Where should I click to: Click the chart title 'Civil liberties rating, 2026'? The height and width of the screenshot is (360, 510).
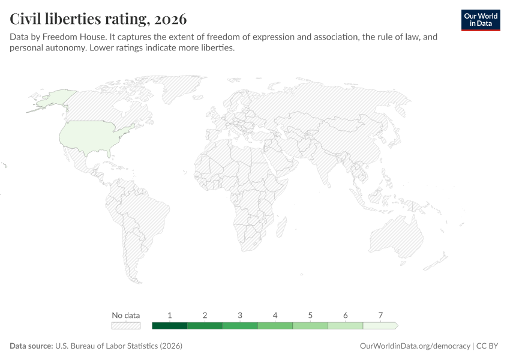tap(98, 19)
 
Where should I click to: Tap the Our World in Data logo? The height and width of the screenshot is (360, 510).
tap(481, 20)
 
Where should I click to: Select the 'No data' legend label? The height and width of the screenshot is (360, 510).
tap(126, 315)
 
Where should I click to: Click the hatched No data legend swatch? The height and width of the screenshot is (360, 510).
tap(126, 326)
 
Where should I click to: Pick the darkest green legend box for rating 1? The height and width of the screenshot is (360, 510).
tap(169, 326)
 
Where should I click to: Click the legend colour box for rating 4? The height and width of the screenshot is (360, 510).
tap(275, 326)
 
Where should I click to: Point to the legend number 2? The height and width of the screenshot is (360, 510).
tap(205, 315)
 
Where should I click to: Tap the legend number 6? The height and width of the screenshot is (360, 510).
tap(346, 315)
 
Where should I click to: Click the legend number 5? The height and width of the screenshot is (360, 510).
tap(310, 315)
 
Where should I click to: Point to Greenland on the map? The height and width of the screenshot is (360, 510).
tap(182, 86)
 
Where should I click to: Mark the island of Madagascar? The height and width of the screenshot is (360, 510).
tap(281, 227)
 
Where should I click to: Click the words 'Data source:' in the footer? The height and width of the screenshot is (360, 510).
tap(31, 346)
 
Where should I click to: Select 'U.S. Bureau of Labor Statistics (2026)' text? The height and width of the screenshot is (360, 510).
tap(119, 346)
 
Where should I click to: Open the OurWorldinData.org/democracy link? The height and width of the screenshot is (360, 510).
tap(415, 346)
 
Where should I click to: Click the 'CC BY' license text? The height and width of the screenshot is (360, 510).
tap(487, 346)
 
